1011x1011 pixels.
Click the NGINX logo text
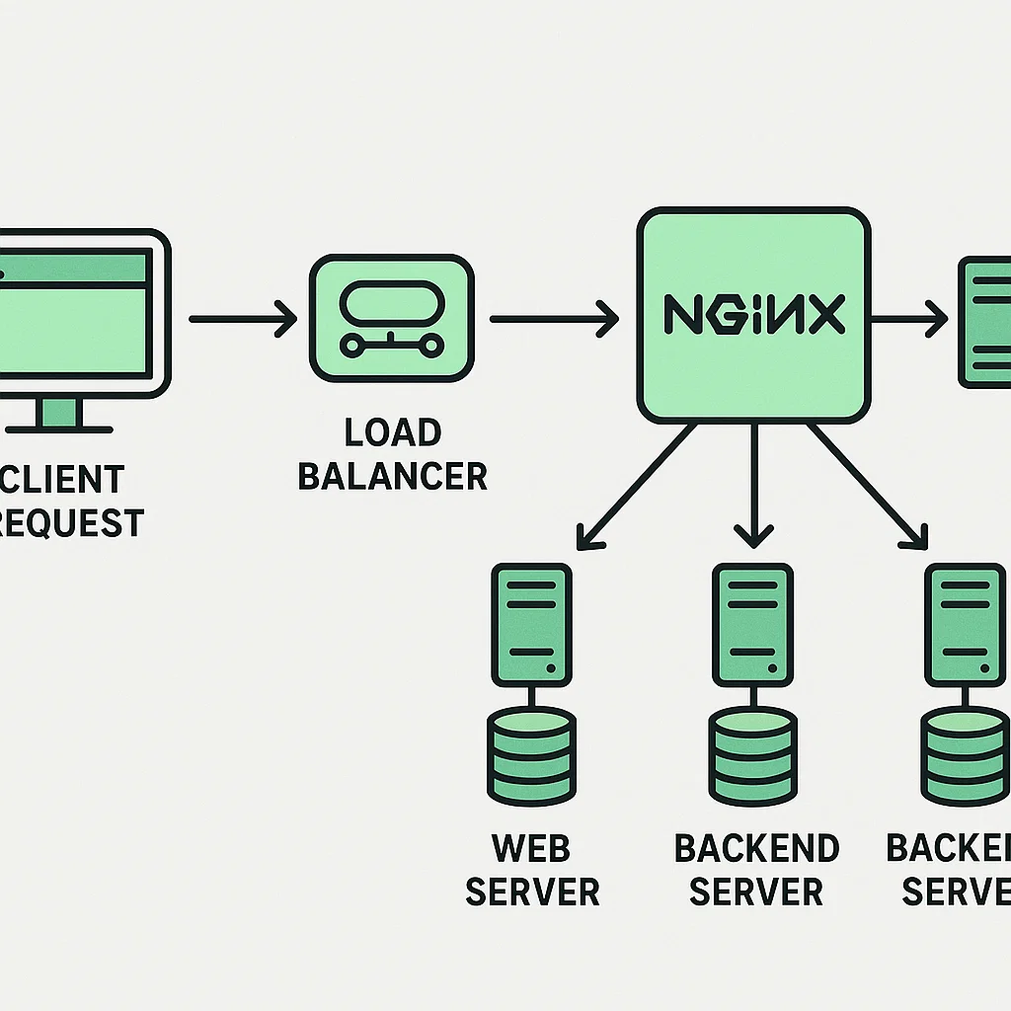(x=752, y=315)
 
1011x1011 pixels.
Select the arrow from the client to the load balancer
(x=242, y=319)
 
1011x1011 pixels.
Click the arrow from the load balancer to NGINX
(x=553, y=319)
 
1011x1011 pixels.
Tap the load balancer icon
(x=391, y=317)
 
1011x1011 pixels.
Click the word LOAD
(x=392, y=433)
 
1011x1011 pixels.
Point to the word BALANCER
(x=392, y=476)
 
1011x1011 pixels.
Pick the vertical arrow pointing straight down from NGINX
(x=754, y=484)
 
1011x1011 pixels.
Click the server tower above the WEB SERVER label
(x=531, y=624)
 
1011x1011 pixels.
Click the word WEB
(x=531, y=848)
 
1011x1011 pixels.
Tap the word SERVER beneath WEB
(x=531, y=892)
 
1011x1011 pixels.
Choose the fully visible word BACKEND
(x=756, y=848)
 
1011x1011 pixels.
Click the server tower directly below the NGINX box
(x=752, y=624)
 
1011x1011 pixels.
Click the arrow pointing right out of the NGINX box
(x=908, y=319)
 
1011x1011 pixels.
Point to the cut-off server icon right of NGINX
(x=985, y=320)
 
